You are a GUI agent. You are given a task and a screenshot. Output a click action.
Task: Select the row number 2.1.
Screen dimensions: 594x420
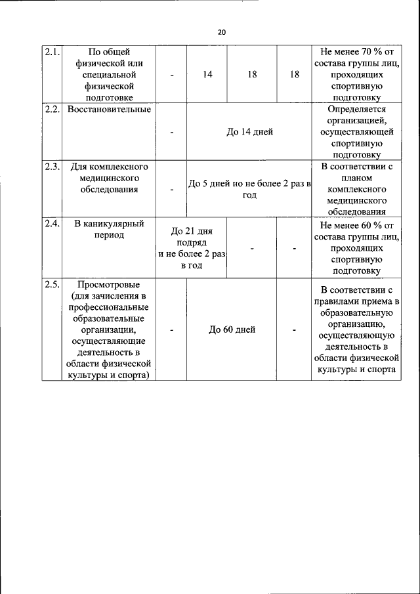point(52,51)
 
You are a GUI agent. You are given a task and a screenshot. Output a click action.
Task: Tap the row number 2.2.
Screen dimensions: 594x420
point(52,109)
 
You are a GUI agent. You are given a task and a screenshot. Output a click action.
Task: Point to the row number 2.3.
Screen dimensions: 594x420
point(52,167)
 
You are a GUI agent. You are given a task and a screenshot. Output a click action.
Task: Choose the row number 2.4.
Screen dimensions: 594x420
point(52,224)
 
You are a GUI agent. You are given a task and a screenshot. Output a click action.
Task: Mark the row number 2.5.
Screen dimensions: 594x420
point(52,284)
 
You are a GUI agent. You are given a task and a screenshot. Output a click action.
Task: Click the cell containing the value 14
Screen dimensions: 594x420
point(207,75)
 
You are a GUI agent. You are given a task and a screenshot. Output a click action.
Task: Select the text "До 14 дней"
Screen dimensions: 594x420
point(249,132)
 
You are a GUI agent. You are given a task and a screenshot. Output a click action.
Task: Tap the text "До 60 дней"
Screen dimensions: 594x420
point(232,329)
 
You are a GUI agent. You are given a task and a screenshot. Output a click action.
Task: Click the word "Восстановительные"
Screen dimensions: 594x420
point(110,109)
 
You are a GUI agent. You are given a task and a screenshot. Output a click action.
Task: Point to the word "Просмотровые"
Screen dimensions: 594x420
point(110,284)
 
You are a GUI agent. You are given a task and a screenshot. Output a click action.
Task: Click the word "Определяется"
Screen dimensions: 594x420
point(356,109)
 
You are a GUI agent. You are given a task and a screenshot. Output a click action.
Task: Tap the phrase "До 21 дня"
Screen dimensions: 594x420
point(191,231)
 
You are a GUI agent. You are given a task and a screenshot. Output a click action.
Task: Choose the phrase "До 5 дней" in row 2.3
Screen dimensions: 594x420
point(209,184)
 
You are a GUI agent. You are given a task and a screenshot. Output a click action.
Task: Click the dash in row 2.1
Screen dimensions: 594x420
point(172,75)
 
